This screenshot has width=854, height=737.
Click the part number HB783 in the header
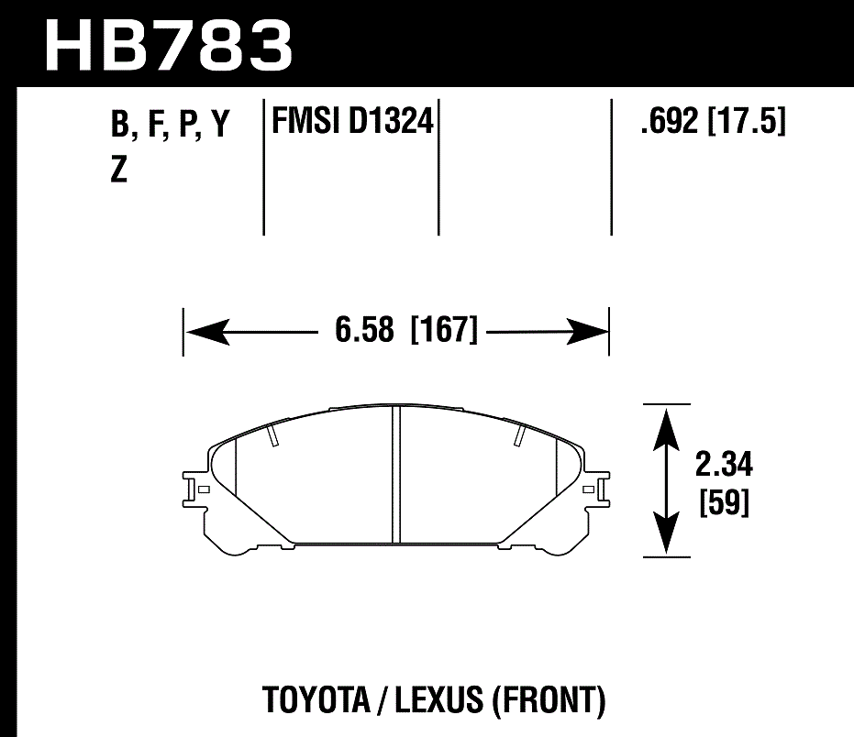coord(169,43)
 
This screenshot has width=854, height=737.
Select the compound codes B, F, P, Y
coord(169,126)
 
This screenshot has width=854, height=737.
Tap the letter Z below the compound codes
coord(118,170)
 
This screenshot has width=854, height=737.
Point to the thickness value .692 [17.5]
coord(713,121)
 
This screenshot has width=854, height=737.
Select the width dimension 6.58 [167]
coord(406,330)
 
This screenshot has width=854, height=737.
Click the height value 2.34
coord(724,466)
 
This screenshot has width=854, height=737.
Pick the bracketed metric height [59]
coord(724,503)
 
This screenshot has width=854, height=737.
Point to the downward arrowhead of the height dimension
coord(666,535)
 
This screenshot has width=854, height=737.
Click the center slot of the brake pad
coord(397,475)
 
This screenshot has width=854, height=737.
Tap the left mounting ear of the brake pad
coord(194,489)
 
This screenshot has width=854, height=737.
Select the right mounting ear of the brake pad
coord(599,489)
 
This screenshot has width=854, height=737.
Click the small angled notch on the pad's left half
coord(273,436)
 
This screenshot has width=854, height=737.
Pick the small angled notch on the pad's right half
coord(519,436)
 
